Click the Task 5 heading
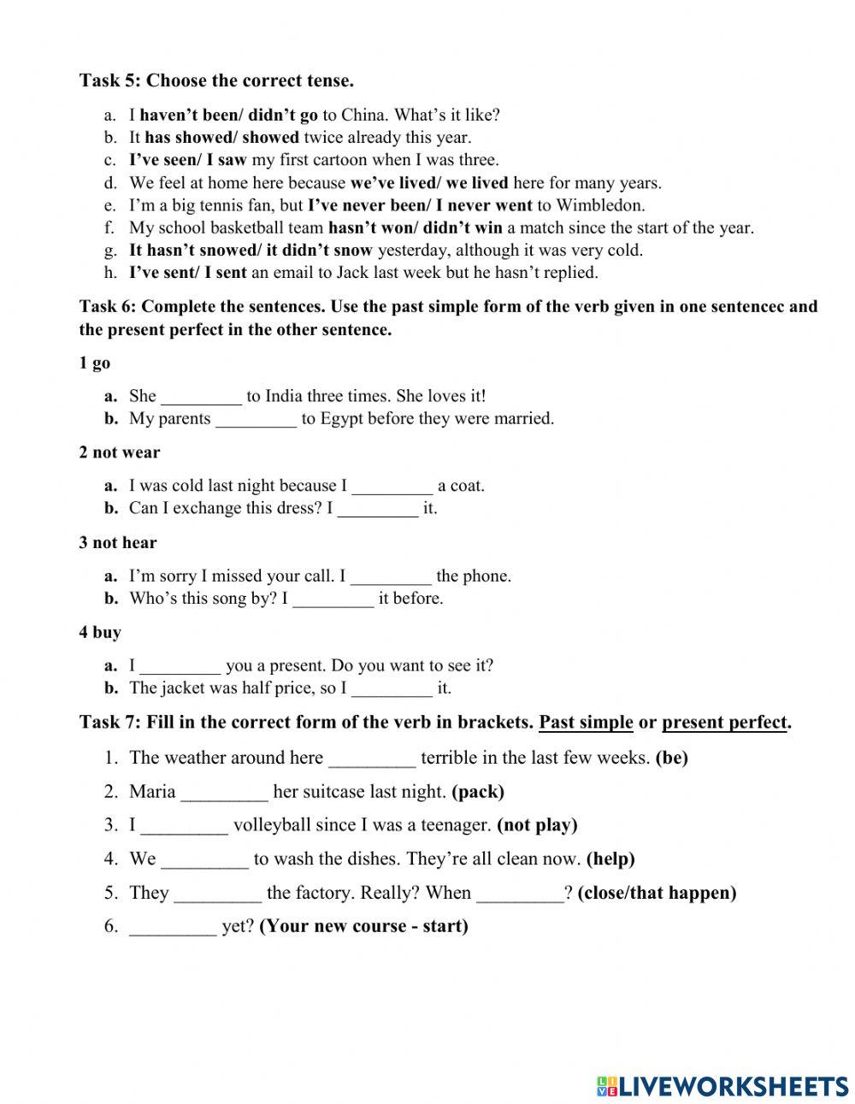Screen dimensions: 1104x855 pos(216,81)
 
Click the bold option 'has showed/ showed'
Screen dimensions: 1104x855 pos(221,137)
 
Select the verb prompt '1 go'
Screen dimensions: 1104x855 pos(95,363)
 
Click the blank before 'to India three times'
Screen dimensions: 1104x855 pos(202,397)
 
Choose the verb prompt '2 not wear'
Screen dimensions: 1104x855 pos(120,452)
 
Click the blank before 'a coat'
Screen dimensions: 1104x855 pos(392,487)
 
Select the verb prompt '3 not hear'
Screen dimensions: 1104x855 pos(118,542)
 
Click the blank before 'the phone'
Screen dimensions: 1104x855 pos(391,576)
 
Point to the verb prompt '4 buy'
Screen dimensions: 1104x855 pos(100,633)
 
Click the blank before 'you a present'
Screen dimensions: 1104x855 pos(180,666)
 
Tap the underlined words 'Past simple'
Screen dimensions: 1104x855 pos(586,723)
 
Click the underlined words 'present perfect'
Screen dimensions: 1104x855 pos(723,723)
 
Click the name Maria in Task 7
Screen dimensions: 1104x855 pos(152,792)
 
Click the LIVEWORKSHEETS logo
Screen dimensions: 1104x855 pos(722,1086)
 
